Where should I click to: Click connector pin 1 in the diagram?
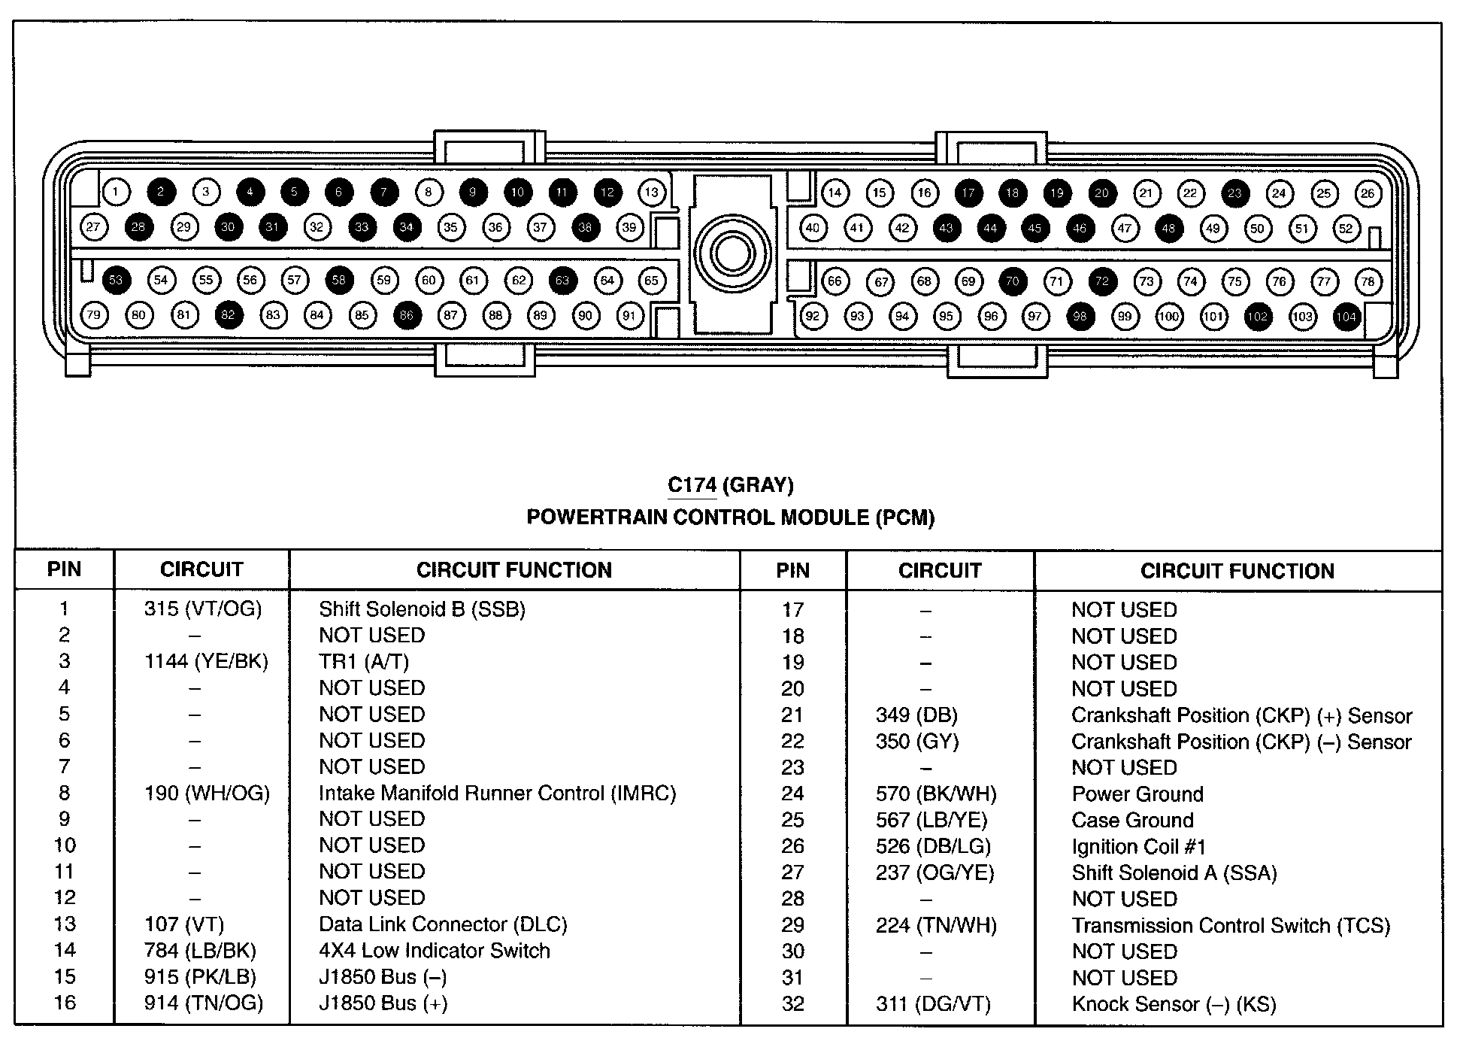[x=115, y=192]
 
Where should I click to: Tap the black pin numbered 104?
[x=1346, y=317]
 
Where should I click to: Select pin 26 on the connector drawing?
[x=1368, y=193]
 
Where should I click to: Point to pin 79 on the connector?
[x=94, y=314]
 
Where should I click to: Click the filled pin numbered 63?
[x=562, y=281]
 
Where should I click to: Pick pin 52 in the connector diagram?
[x=1346, y=229]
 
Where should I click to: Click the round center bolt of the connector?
[x=732, y=253]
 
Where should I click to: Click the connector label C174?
[x=692, y=485]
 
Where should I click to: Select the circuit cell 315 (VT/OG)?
[x=203, y=608]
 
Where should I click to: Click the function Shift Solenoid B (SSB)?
[x=422, y=608]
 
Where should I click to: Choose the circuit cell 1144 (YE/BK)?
[x=206, y=661]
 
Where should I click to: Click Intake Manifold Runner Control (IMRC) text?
[x=497, y=793]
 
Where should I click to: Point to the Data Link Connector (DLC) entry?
[x=443, y=924]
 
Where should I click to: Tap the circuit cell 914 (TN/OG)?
[x=204, y=1003]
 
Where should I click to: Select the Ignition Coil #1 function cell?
[x=1138, y=846]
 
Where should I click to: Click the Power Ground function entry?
[x=1137, y=794]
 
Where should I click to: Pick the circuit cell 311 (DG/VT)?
[x=933, y=1003]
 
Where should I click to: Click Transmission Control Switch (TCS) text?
[x=1231, y=925]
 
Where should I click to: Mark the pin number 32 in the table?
[x=792, y=1003]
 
